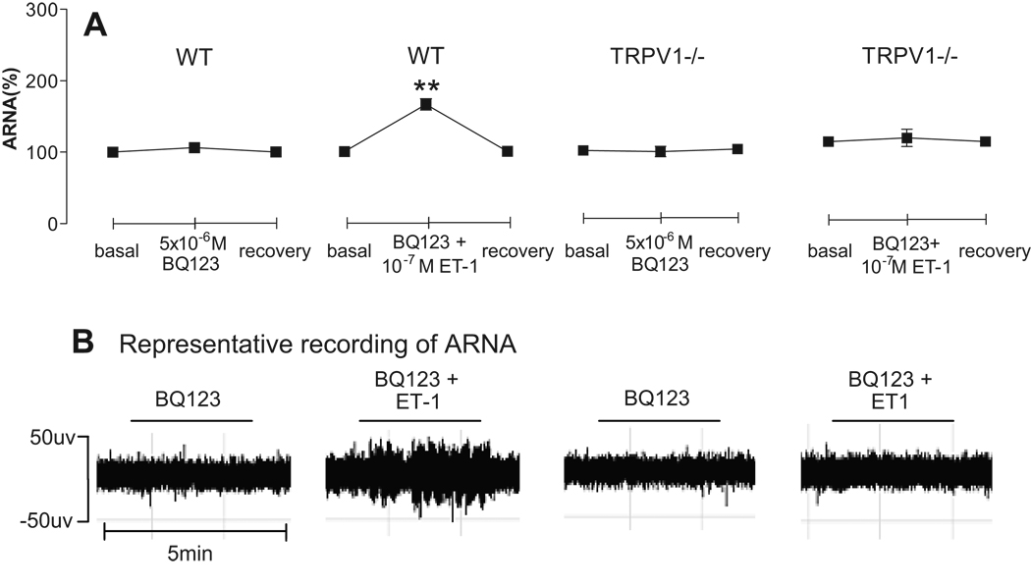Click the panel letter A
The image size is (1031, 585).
[94, 25]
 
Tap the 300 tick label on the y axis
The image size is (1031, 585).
[36, 10]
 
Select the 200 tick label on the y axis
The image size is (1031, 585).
[36, 81]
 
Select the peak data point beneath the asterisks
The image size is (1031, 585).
[426, 104]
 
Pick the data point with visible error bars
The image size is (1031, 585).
[906, 137]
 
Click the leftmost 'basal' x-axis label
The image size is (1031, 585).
[114, 251]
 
